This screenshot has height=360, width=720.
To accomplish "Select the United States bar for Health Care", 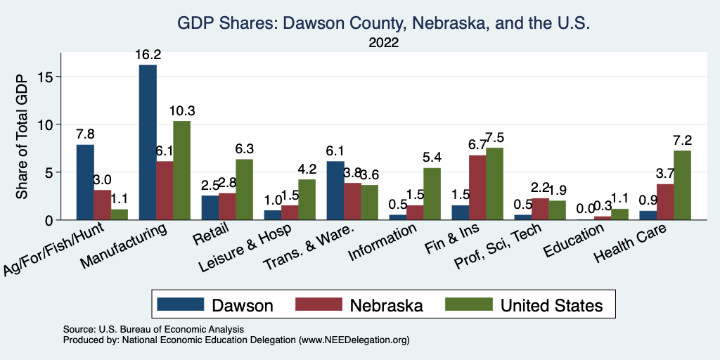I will click(662, 185).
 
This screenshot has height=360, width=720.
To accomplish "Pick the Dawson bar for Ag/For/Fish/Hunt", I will click(85, 182).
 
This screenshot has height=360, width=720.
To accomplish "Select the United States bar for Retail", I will click(245, 189).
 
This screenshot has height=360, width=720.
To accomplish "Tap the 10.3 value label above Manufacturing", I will click(181, 110).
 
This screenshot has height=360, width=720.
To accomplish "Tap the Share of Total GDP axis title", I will click(22, 136).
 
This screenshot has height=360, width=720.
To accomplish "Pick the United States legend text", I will click(551, 305).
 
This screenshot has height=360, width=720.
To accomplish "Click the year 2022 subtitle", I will click(383, 43).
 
